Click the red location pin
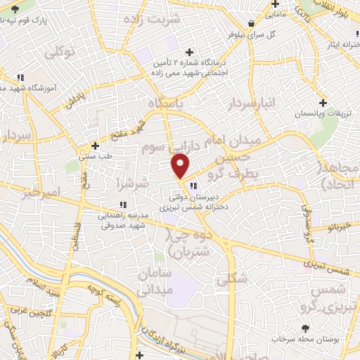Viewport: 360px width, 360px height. click(x=181, y=165)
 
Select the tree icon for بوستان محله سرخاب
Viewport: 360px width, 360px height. click(x=304, y=328)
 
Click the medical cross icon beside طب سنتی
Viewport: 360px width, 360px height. click(x=96, y=147)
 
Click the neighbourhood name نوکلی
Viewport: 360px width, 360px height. click(x=58, y=51)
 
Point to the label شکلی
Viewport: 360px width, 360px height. click(x=232, y=278)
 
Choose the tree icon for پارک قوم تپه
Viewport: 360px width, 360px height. click(x=15, y=8)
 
